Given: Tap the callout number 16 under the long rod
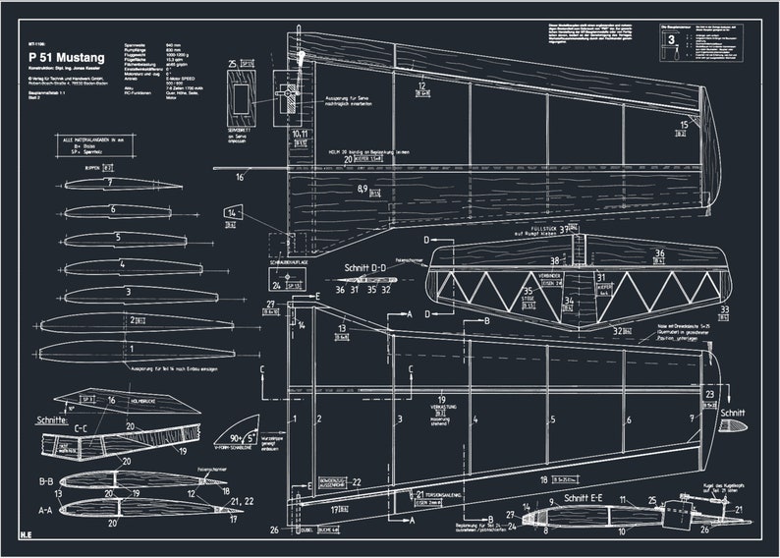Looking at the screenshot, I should coord(239,178).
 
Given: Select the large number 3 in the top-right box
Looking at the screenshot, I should coord(671,40).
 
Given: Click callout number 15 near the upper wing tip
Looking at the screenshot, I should coord(683,124).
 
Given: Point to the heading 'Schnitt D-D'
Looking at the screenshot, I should coord(365,268).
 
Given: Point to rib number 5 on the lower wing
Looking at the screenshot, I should coord(553,420).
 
